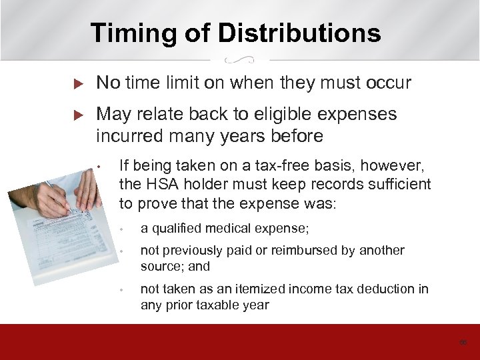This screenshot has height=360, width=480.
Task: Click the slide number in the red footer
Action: tap(462, 342)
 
